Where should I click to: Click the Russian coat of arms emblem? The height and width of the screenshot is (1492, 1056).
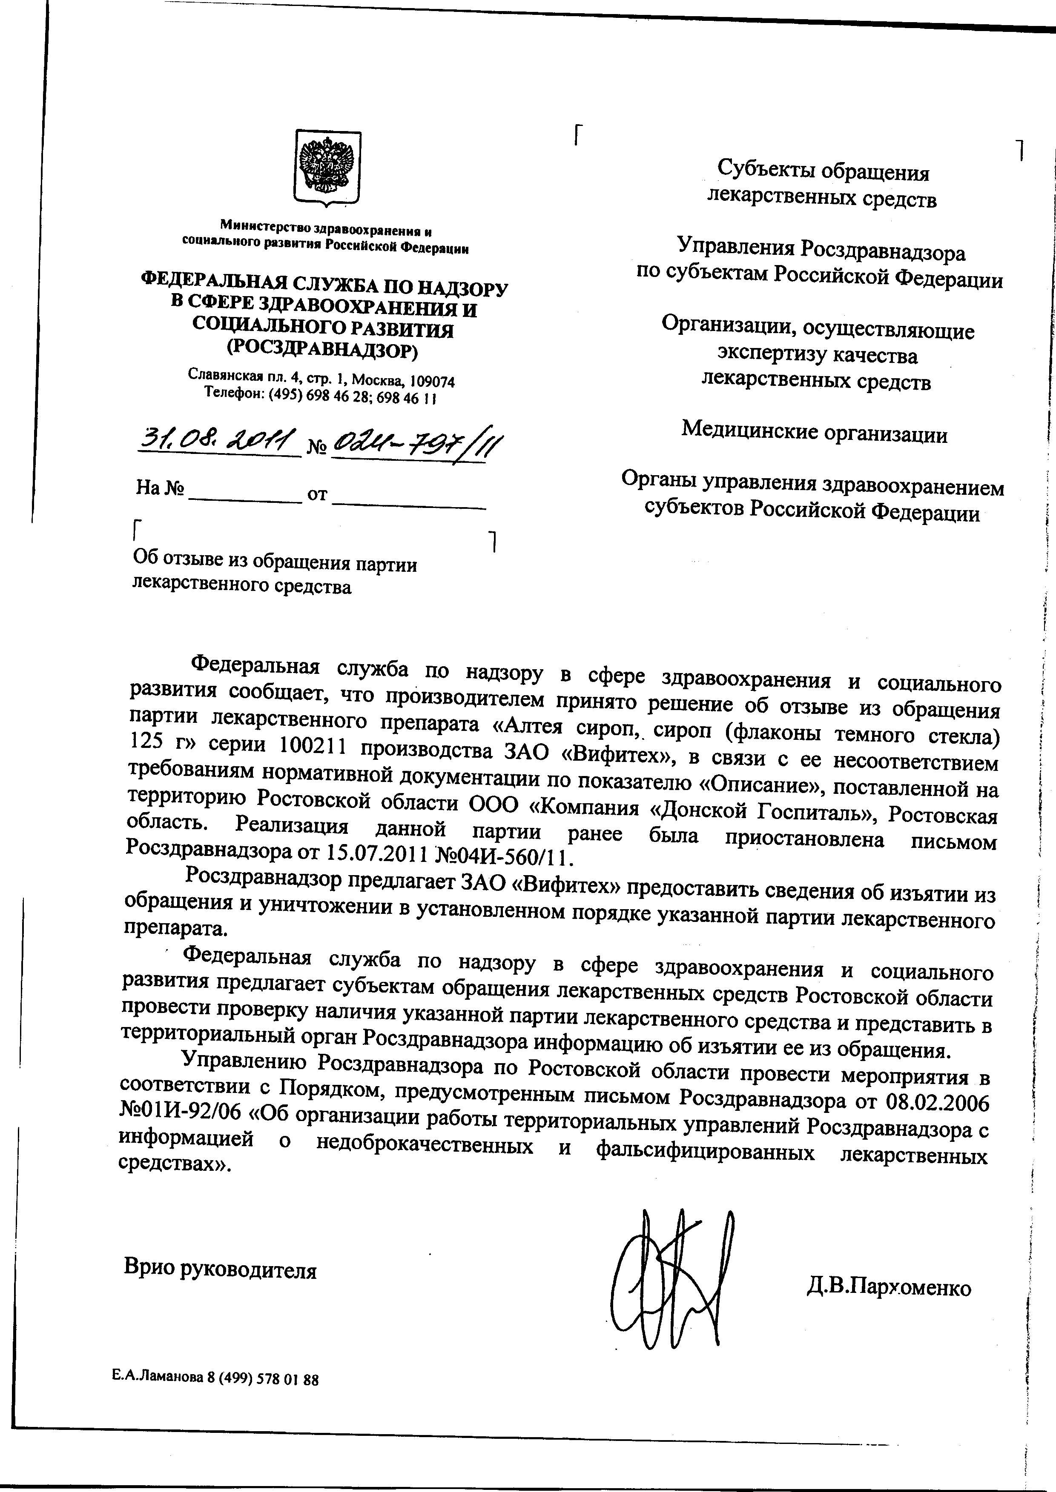click(x=327, y=168)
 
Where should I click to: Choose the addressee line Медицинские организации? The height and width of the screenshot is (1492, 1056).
click(x=814, y=432)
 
